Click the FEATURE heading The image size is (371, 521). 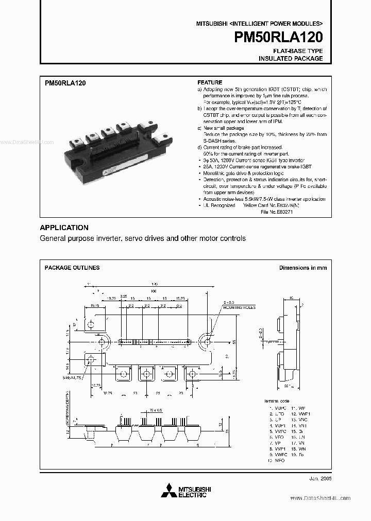click(210, 83)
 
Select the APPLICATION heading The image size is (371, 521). click(64, 228)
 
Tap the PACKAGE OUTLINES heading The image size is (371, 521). click(72, 268)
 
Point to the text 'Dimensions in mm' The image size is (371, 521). click(302, 268)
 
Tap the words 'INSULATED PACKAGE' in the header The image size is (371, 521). click(291, 59)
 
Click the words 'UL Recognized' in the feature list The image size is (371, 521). click(218, 205)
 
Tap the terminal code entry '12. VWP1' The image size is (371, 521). click(300, 414)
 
